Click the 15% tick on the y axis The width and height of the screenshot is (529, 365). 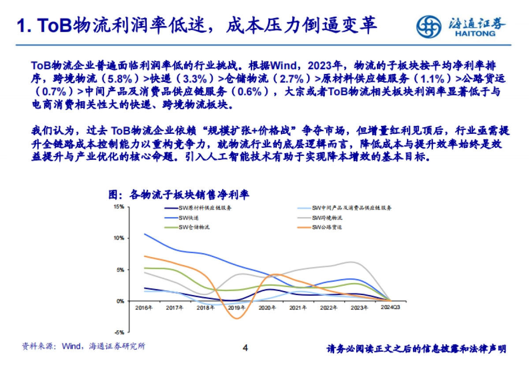(x=119, y=206)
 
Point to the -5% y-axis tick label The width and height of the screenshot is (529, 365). (x=119, y=332)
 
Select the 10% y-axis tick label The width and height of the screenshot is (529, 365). (x=119, y=238)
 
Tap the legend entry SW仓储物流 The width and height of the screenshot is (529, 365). (x=194, y=227)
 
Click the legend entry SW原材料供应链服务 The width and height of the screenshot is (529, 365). (x=205, y=208)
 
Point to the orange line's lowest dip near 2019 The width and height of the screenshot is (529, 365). (x=237, y=318)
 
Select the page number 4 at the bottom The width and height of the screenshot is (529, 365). (x=246, y=348)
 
